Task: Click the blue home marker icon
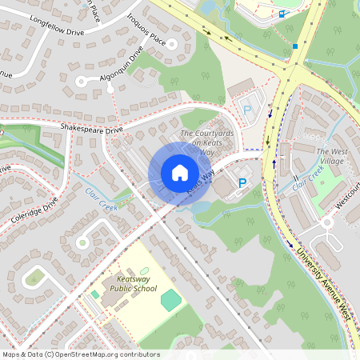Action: click(x=179, y=173)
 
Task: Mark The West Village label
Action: click(x=333, y=155)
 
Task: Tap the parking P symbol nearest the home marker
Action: click(x=242, y=183)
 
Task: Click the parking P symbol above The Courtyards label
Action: click(x=246, y=110)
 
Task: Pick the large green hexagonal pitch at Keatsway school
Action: click(x=171, y=300)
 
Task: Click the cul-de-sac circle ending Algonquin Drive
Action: click(x=81, y=81)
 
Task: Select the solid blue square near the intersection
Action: click(x=294, y=46)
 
